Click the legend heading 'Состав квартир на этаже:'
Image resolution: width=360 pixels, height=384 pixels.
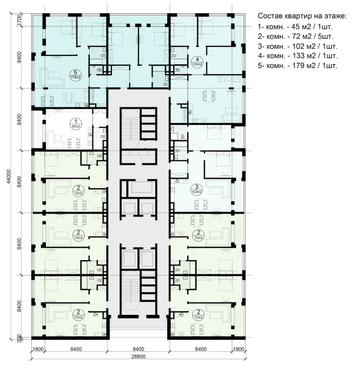pos(302,17)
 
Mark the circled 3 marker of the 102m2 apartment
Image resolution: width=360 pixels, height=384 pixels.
pos(197,188)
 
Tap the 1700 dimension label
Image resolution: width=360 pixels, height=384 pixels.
pos(20,20)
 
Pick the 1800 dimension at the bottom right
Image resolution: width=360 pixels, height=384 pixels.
pos(238,350)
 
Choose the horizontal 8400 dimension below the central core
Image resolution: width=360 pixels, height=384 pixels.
pos(138,350)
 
